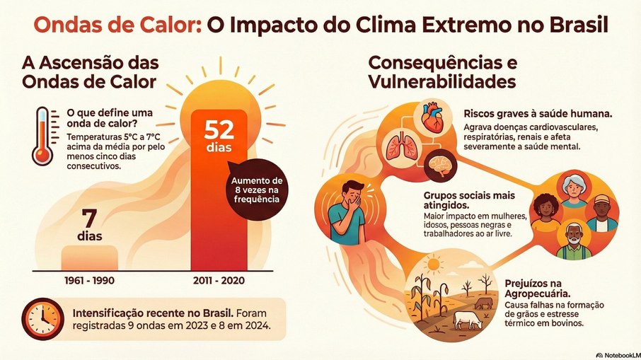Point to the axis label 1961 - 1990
tap(89, 280)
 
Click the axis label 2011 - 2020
tap(219, 280)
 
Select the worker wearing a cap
tap(601, 211)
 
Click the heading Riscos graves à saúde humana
tap(538, 115)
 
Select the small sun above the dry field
tap(432, 265)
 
